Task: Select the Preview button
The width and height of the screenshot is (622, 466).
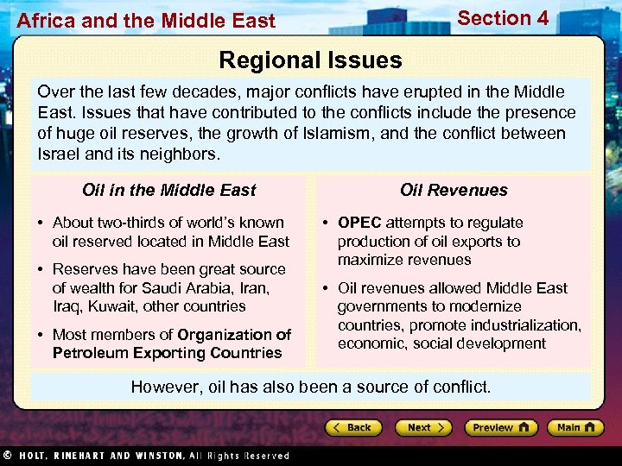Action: (500, 427)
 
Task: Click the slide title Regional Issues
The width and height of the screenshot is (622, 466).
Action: (310, 60)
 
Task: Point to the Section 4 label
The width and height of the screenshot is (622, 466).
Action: (503, 18)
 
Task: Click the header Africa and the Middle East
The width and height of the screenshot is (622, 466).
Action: (146, 21)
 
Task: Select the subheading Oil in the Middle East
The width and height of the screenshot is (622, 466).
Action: (169, 190)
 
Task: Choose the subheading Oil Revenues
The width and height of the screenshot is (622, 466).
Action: (454, 190)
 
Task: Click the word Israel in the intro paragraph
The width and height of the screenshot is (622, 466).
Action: (58, 154)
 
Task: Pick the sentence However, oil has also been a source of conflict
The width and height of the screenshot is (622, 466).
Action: (310, 387)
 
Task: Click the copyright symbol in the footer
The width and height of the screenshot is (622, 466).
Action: (7, 456)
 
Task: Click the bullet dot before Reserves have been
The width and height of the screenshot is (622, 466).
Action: (41, 270)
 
